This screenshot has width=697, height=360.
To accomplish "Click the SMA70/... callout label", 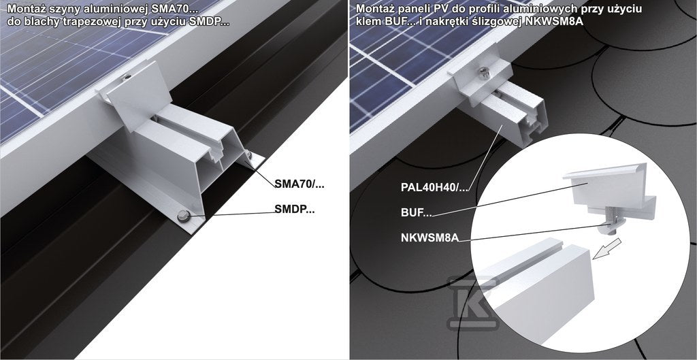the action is click(299, 184).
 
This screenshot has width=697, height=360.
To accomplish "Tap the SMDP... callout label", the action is click(294, 210).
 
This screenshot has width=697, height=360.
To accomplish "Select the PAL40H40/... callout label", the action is click(435, 187).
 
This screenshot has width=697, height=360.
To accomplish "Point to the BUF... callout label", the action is click(416, 212).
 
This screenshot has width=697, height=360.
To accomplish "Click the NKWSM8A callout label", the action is click(429, 238).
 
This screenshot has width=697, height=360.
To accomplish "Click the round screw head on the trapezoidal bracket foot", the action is click(182, 216).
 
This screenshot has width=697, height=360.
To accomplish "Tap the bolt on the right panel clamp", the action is click(484, 72).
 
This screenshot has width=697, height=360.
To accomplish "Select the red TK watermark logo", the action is click(473, 303).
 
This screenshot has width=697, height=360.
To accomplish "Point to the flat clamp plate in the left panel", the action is click(139, 95).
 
